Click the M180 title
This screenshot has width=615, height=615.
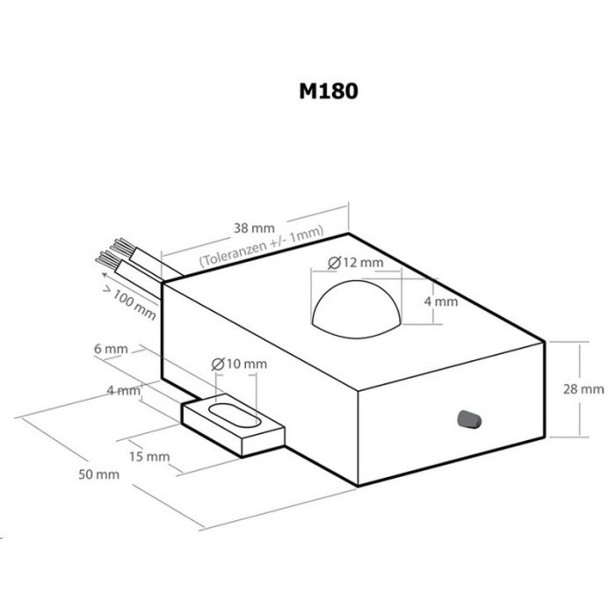point(329,91)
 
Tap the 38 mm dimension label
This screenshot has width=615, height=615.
point(254,228)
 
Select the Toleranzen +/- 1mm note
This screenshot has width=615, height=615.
point(262,246)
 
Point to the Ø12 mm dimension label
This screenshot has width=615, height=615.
point(355,263)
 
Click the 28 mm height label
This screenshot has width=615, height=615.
point(583,389)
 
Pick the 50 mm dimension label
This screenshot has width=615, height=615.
point(98,474)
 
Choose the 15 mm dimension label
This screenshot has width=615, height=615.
point(149,457)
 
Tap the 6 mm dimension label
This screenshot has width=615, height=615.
point(111,349)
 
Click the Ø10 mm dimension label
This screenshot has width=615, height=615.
point(239,365)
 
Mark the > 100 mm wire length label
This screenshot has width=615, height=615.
point(129,303)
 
